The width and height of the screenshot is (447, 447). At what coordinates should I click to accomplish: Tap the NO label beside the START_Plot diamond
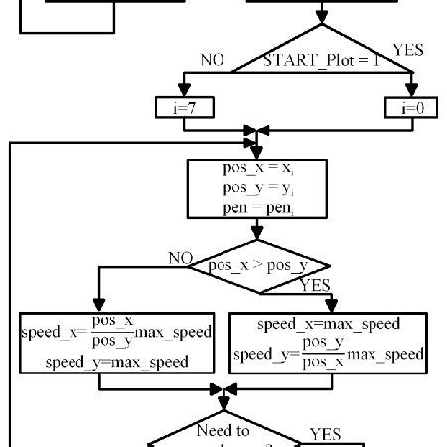pos(213,60)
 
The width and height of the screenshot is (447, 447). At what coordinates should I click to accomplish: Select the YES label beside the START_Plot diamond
pos(407,48)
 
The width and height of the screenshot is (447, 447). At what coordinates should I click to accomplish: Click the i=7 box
pos(180,107)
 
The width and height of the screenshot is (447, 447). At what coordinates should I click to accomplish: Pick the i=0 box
pos(410,107)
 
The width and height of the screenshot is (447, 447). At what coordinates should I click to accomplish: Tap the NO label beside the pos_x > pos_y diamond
pos(180,258)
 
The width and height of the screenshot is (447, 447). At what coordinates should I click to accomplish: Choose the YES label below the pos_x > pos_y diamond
pos(317,286)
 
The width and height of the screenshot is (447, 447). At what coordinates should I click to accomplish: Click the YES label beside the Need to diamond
pos(325,434)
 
